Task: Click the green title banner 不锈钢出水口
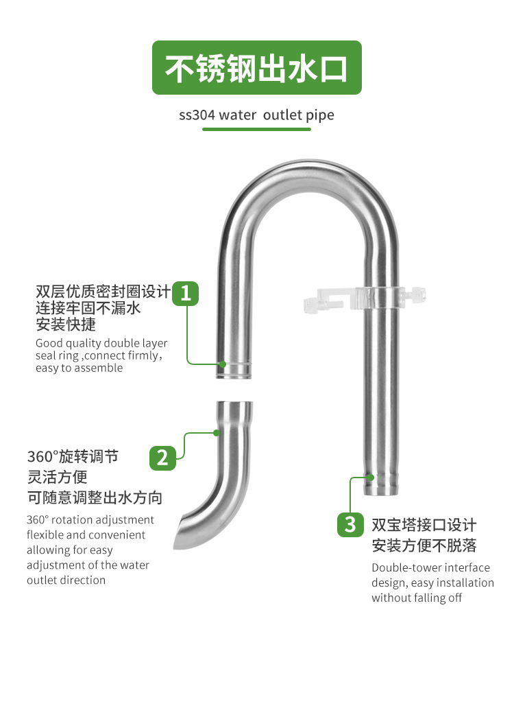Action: (256, 68)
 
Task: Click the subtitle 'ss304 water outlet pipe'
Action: (256, 115)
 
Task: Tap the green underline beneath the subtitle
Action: (256, 130)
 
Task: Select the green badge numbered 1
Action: (185, 293)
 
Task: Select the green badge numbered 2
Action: (162, 457)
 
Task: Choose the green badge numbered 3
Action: (350, 525)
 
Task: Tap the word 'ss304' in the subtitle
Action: (197, 115)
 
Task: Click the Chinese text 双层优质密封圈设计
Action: (103, 291)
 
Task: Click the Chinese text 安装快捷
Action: (66, 324)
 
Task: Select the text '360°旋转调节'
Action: (73, 456)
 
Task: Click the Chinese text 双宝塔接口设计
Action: (424, 525)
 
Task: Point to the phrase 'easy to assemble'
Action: (79, 368)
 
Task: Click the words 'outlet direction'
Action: (66, 580)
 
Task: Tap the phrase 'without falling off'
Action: (417, 598)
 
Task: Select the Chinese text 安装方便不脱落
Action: (424, 545)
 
